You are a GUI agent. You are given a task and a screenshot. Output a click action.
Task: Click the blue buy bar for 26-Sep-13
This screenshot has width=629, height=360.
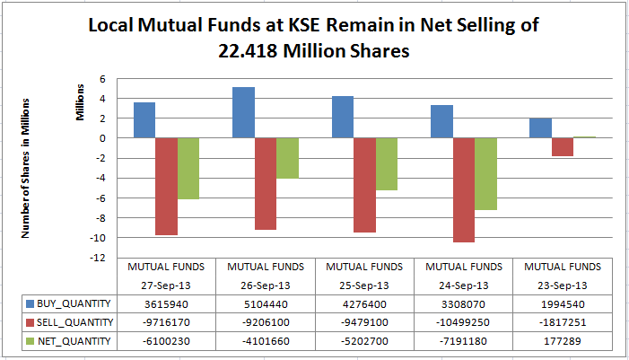coord(243,112)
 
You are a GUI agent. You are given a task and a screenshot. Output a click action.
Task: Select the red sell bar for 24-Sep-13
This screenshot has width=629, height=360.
coord(463,189)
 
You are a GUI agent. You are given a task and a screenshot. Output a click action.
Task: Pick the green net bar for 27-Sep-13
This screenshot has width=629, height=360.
coord(188,168)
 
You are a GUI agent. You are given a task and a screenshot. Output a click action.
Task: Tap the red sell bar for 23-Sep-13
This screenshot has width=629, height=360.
coord(562,147)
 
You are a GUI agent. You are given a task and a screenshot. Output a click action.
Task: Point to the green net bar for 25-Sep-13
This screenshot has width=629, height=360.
coord(386,163)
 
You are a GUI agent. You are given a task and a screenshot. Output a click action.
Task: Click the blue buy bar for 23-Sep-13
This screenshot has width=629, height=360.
coord(540,128)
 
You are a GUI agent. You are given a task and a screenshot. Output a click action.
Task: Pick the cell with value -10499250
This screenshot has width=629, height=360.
coord(463,322)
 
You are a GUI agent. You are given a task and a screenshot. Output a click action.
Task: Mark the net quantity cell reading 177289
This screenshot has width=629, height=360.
coord(562,340)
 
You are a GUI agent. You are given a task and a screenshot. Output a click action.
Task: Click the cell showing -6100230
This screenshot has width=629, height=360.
coord(166,340)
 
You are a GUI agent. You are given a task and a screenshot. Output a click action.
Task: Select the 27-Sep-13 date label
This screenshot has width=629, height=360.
coord(166,285)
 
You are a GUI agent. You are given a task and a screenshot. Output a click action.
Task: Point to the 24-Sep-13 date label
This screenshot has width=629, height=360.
coord(463,285)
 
